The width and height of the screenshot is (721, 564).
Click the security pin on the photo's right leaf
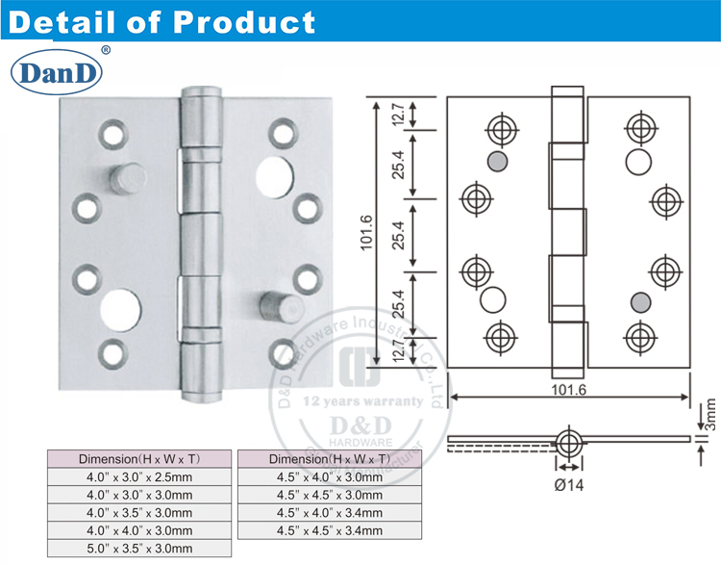tap(270, 307)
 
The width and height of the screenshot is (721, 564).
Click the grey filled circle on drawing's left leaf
tap(497, 160)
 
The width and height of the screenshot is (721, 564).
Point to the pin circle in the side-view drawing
tap(569, 444)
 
